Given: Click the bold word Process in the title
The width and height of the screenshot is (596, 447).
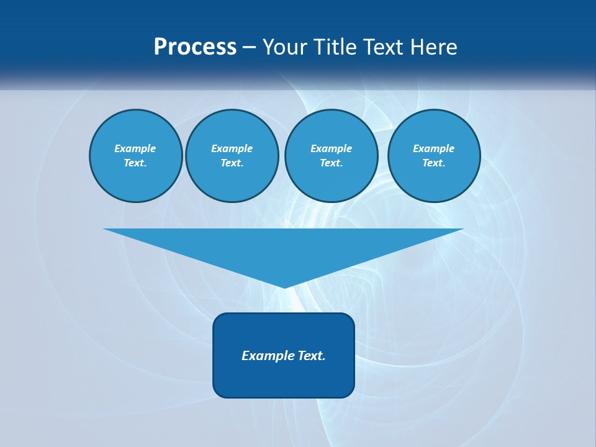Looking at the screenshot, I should [x=195, y=47].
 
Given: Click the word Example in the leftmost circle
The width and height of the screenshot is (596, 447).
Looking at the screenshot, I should [x=135, y=148].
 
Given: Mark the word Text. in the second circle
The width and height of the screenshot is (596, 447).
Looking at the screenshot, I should [x=232, y=163].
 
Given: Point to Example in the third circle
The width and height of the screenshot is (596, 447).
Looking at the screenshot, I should [x=331, y=148].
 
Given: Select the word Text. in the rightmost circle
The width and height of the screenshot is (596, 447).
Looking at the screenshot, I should [x=433, y=163].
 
